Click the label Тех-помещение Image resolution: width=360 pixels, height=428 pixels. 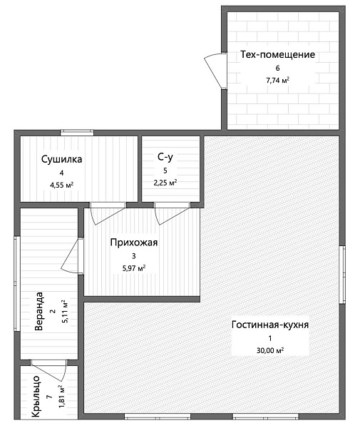tap(277, 55)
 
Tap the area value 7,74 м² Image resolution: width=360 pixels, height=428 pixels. tap(277, 81)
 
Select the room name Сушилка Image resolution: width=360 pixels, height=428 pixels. tap(61, 159)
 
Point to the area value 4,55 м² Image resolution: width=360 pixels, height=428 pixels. tap(61, 185)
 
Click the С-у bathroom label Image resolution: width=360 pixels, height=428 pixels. tap(165, 157)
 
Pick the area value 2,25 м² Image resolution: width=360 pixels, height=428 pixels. tap(165, 183)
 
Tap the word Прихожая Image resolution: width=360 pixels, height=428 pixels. tap(134, 243)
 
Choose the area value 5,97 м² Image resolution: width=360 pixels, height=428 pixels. tap(134, 268)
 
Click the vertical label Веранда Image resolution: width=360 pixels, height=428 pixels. tap(39, 311)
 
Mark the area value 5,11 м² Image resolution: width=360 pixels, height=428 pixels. tap(65, 312)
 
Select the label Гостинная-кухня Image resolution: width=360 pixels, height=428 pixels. tap(270, 325)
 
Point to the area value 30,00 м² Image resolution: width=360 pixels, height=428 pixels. tap(270, 350)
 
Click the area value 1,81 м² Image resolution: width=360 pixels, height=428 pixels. tap(61, 397)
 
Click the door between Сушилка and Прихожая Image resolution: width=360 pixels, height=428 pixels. tap(108, 214)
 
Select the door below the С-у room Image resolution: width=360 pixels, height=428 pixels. tap(172, 214)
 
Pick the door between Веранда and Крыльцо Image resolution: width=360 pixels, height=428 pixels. tap(48, 370)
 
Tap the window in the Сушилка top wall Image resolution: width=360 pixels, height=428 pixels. tap(77, 133)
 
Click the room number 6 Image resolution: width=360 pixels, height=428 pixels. tap(277, 68)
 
